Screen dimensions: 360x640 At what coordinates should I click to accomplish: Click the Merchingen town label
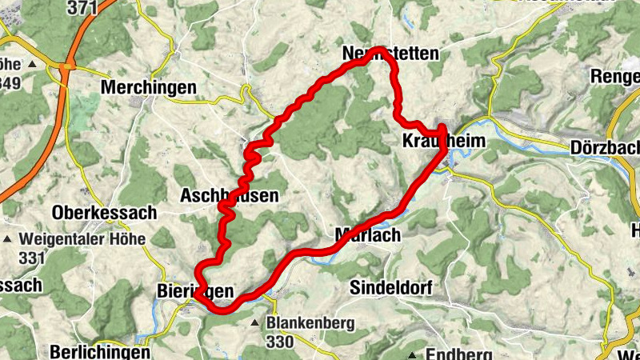click(x=150, y=86)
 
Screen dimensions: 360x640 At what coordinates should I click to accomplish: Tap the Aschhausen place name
click(x=229, y=195)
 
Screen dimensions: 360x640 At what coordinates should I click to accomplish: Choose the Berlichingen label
click(x=99, y=352)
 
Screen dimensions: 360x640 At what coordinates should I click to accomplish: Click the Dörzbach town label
click(x=606, y=148)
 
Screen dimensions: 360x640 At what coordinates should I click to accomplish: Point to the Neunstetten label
click(x=390, y=54)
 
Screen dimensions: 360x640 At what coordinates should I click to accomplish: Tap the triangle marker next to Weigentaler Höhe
click(x=9, y=238)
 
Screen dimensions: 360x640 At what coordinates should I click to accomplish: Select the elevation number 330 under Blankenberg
click(x=281, y=342)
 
